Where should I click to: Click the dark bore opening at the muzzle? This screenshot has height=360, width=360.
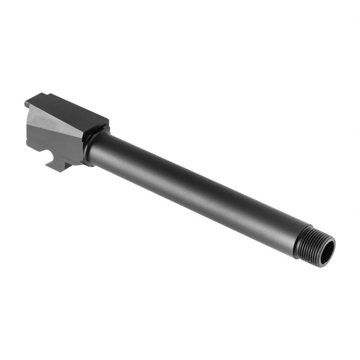[x=326, y=252]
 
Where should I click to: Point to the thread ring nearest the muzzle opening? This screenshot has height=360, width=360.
[x=320, y=246]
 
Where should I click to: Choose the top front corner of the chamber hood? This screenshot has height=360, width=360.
[x=107, y=121]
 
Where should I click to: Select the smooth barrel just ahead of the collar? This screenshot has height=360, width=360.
[x=107, y=150]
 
